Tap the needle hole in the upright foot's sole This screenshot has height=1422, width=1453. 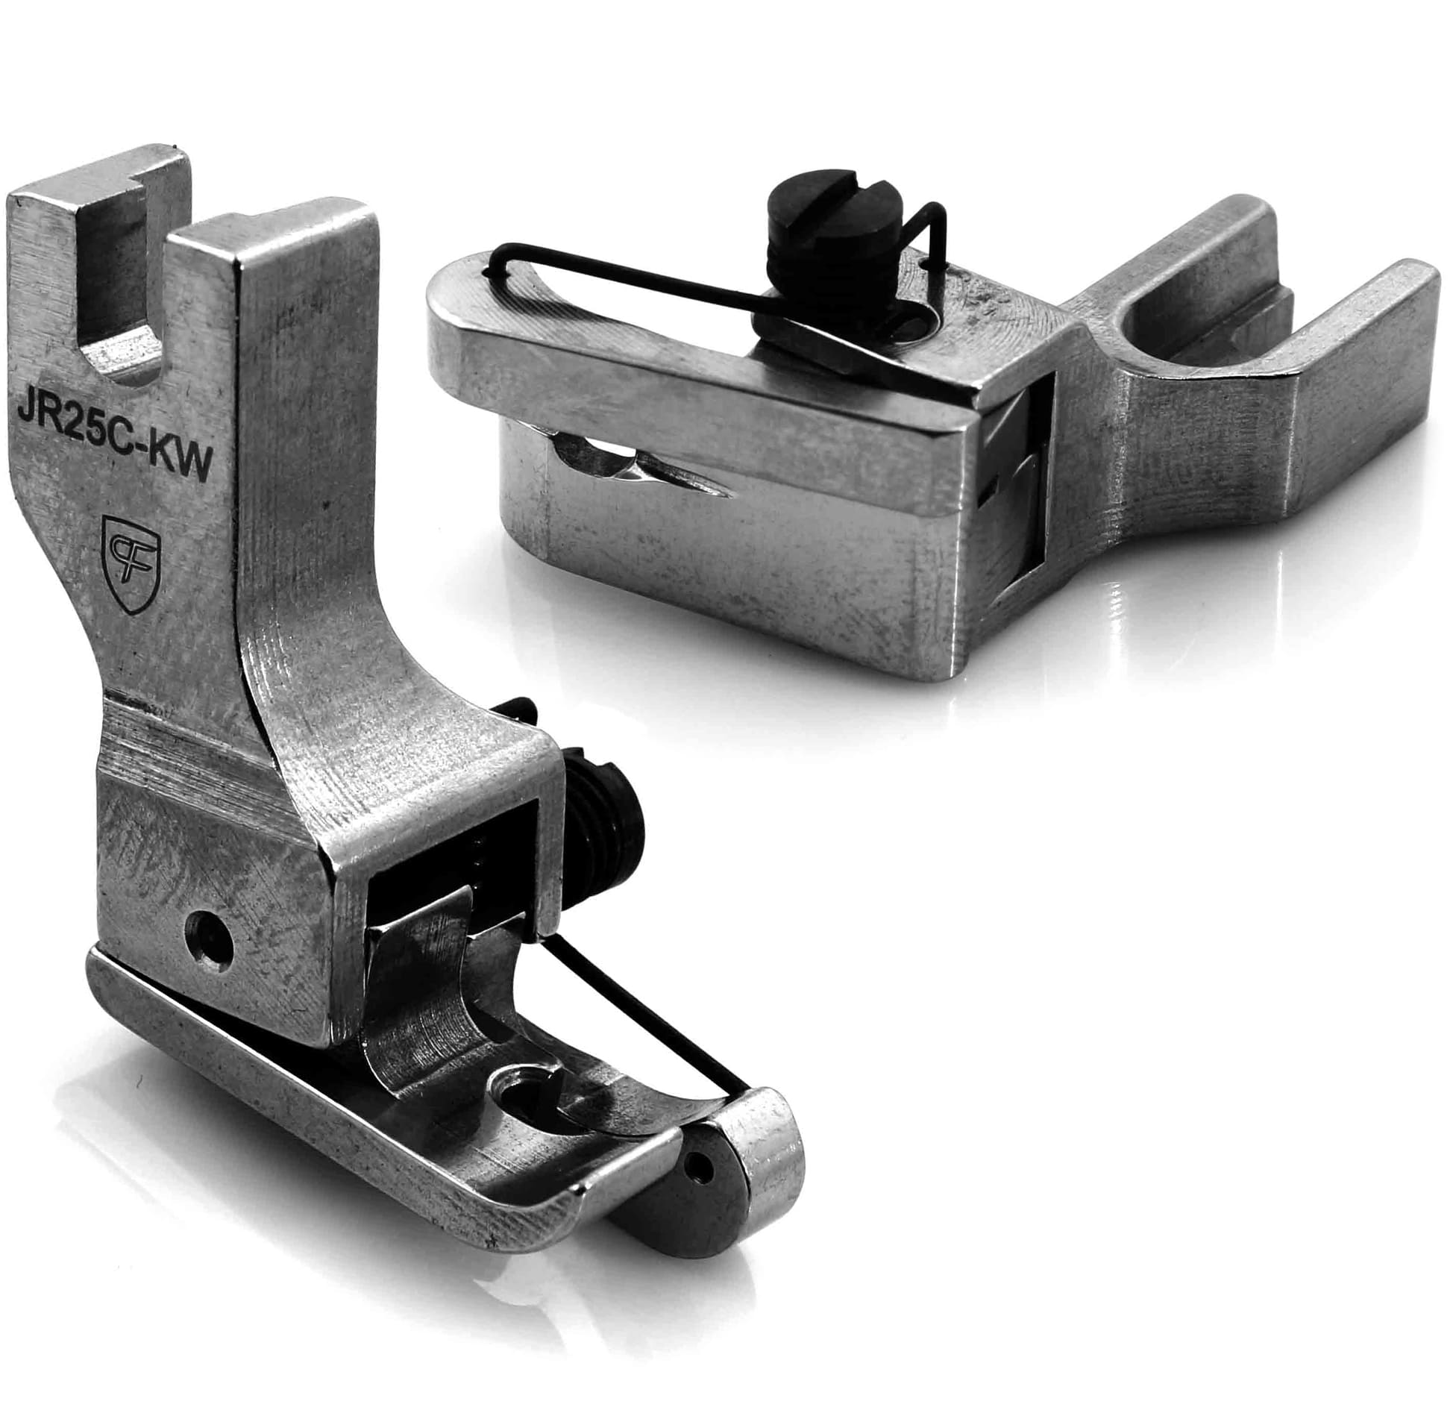(524, 1095)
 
